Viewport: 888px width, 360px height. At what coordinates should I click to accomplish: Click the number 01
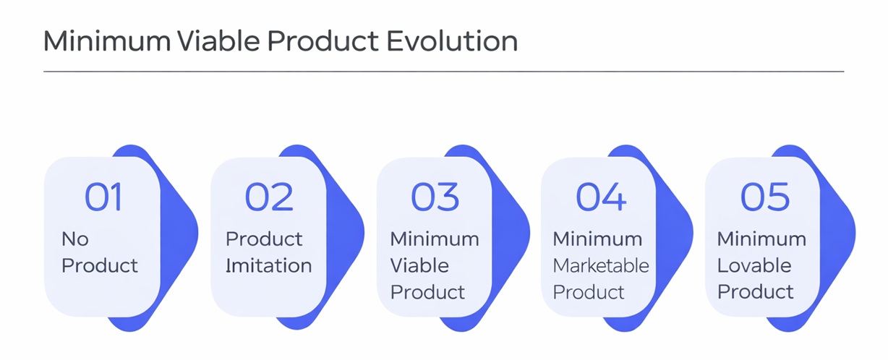click(x=103, y=197)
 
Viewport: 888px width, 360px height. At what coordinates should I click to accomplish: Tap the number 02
click(x=269, y=197)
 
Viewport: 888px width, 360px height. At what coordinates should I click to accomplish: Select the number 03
click(x=435, y=197)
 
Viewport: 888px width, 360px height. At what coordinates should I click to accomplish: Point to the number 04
click(x=601, y=197)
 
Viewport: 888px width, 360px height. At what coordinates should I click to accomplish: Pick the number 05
click(x=765, y=197)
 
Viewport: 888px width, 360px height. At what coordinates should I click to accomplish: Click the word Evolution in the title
click(x=452, y=40)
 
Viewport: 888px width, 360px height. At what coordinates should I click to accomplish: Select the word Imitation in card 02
click(x=269, y=265)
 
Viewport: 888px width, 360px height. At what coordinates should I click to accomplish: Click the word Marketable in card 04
click(x=601, y=265)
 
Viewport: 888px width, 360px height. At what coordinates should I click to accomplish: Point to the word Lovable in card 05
click(x=754, y=265)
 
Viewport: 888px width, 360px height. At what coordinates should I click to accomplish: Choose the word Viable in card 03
click(x=419, y=265)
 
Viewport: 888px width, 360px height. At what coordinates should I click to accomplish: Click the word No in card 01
click(x=75, y=239)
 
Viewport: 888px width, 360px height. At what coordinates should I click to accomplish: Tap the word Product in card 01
click(x=100, y=265)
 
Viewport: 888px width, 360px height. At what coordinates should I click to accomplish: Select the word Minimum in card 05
click(x=761, y=239)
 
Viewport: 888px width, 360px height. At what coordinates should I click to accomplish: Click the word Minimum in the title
click(x=107, y=40)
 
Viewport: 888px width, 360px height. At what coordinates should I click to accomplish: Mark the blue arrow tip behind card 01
click(x=197, y=233)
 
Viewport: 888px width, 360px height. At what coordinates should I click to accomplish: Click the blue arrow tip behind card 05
click(x=855, y=233)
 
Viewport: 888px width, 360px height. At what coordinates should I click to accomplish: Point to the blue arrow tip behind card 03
click(x=529, y=233)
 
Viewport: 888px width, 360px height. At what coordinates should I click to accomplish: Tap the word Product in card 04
click(x=589, y=292)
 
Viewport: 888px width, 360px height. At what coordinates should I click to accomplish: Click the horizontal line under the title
click(x=443, y=72)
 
